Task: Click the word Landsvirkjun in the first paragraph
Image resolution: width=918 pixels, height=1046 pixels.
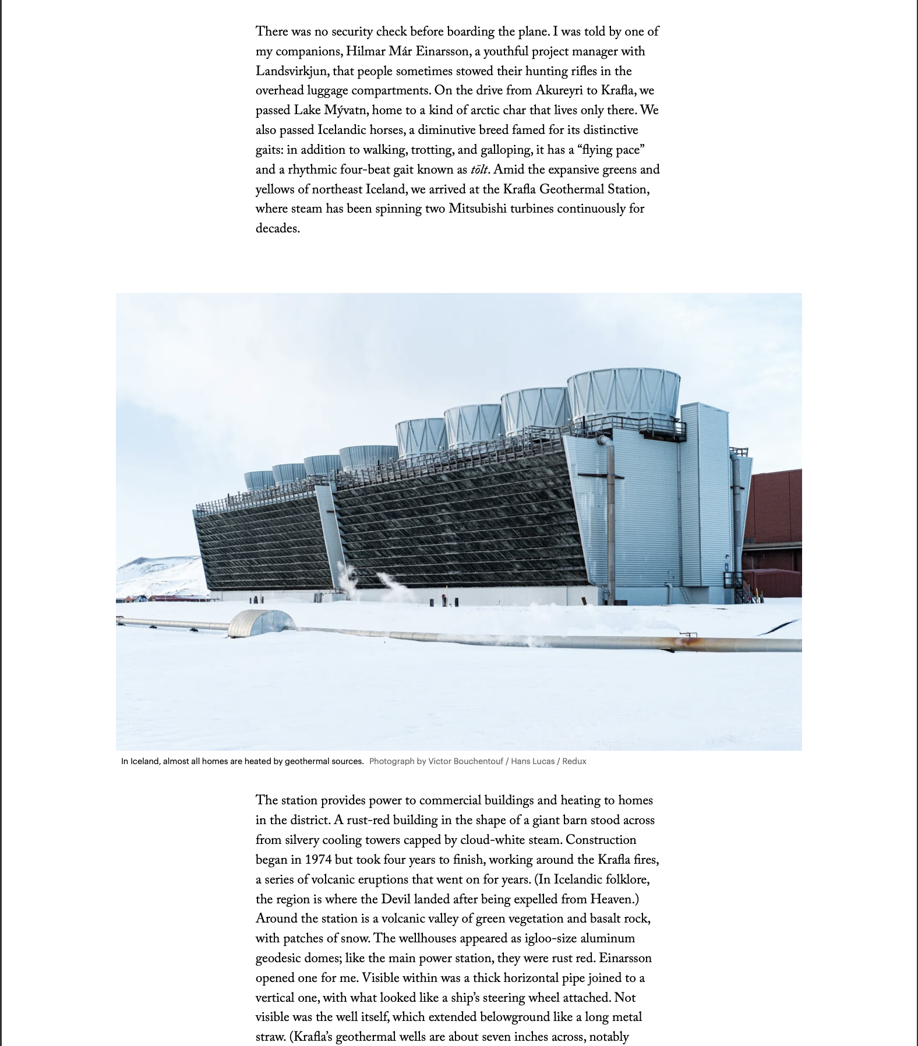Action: point(292,72)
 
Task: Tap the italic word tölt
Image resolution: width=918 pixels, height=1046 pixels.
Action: point(479,170)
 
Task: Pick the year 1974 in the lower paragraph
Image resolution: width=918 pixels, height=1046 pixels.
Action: point(318,860)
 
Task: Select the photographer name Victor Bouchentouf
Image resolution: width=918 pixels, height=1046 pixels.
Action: point(465,761)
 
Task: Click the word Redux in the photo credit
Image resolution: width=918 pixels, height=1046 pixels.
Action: point(574,761)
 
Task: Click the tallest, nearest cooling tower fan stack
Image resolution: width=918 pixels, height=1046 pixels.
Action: point(623,393)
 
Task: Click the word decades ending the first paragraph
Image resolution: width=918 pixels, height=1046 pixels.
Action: point(277,229)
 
